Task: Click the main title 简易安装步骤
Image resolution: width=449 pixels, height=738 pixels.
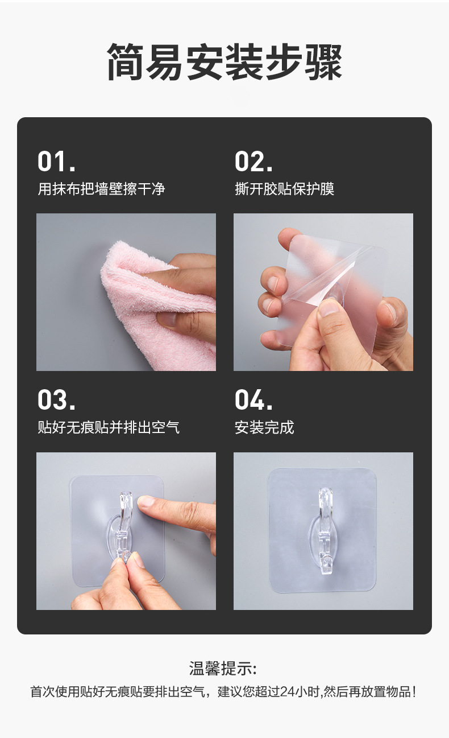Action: tap(224, 62)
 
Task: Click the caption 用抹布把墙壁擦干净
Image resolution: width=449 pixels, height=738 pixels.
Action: tap(101, 189)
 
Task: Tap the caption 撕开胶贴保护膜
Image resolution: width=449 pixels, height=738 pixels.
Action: tap(284, 189)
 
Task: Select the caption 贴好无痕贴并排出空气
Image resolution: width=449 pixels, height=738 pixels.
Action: tap(109, 427)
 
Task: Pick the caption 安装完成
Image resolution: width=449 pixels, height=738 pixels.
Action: tap(264, 427)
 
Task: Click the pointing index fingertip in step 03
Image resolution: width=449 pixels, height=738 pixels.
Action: tap(147, 502)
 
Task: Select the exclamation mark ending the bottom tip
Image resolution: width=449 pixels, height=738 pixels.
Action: tap(414, 692)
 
